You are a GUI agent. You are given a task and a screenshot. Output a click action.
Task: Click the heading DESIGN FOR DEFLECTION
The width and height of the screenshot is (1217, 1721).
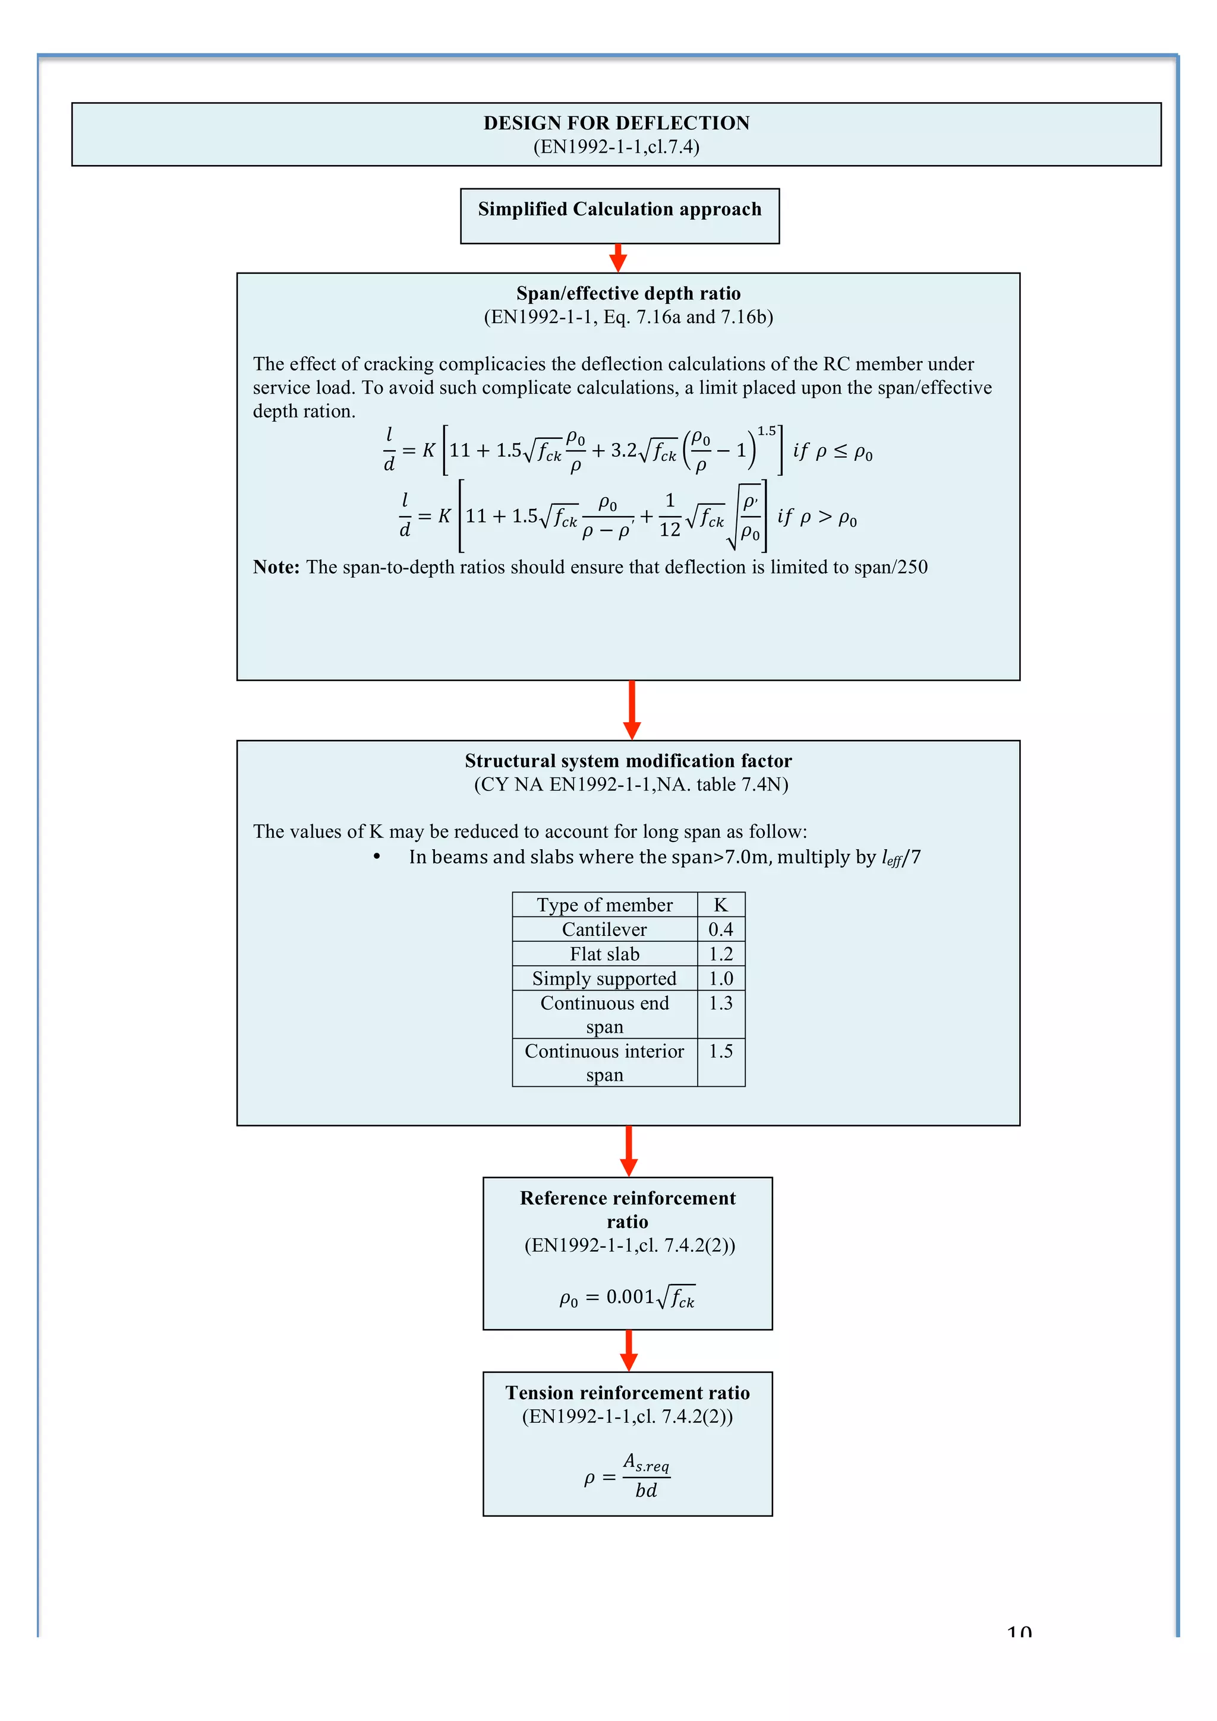coord(616,123)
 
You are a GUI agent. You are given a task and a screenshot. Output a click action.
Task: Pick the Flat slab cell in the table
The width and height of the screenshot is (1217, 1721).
coord(604,954)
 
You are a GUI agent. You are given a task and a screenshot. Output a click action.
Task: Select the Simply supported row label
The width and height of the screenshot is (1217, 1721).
coord(604,978)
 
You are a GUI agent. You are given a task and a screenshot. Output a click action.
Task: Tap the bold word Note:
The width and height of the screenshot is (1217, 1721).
coord(276,567)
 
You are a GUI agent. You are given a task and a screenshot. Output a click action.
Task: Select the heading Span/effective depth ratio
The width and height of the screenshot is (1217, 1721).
coord(628,293)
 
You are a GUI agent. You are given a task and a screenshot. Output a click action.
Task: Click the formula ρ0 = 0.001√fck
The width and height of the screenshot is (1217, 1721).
coord(627,1298)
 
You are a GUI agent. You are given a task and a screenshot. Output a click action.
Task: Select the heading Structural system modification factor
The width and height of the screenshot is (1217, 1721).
coord(628,761)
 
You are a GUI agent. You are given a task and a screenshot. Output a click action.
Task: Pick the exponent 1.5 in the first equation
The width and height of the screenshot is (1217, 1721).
coord(767,431)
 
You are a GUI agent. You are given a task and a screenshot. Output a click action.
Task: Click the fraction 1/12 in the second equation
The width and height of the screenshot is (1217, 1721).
coord(670,515)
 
